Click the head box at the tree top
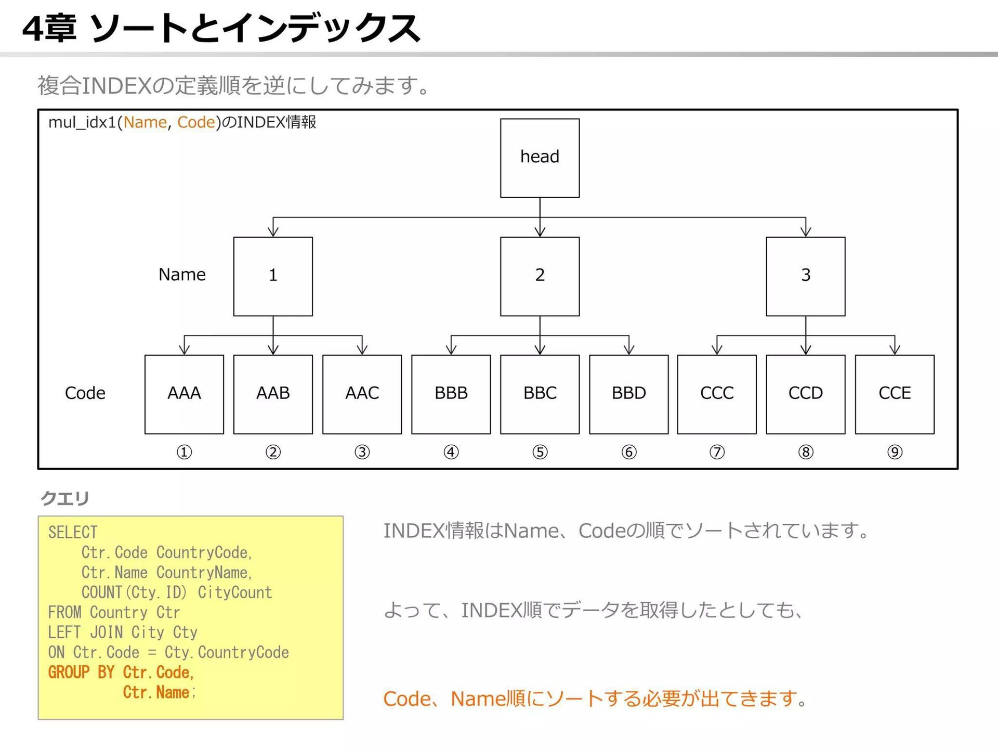pos(540,158)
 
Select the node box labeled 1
pos(273,276)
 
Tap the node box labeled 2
pos(540,276)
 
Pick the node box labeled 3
pos(805,276)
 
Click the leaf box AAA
pos(184,394)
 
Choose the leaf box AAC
pos(362,394)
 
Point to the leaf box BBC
pos(540,394)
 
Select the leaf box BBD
pos(628,394)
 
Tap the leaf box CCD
pos(805,394)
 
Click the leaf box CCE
pos(894,394)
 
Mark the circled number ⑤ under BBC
pos(540,452)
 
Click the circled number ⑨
pos(894,452)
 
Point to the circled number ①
pos(184,452)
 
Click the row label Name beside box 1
pos(182,275)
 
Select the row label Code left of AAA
pos(85,393)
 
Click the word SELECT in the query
pos(73,532)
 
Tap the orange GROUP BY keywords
pos(81,673)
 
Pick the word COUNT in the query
pos(102,592)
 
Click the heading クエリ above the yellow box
pos(65,498)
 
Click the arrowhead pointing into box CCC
pos(717,350)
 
